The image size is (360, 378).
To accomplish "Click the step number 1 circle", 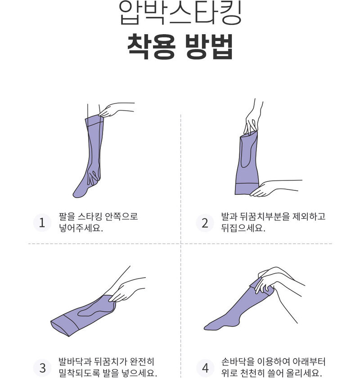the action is tap(42, 222).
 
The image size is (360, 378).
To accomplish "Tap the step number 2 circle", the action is tap(205, 222).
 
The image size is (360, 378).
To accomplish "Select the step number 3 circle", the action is tap(42, 368).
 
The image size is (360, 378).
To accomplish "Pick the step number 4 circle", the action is tap(205, 368).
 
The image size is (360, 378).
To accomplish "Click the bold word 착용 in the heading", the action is tap(151, 47).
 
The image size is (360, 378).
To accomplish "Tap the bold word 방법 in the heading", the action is tap(208, 47).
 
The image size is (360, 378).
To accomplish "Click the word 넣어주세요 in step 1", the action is tap(81, 228).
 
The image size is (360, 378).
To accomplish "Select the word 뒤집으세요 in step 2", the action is tap(243, 228).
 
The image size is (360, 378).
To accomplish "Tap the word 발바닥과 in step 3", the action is tap(75, 361).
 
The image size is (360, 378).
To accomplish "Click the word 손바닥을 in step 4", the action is tap(238, 361).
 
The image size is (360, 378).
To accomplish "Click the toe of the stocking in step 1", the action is tap(78, 193).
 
